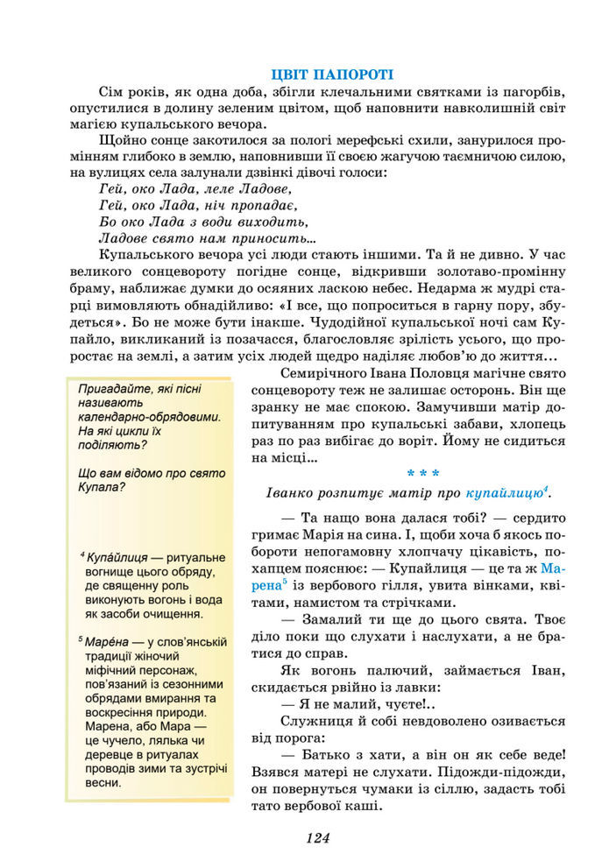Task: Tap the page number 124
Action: click(317, 837)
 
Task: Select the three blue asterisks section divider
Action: click(423, 473)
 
